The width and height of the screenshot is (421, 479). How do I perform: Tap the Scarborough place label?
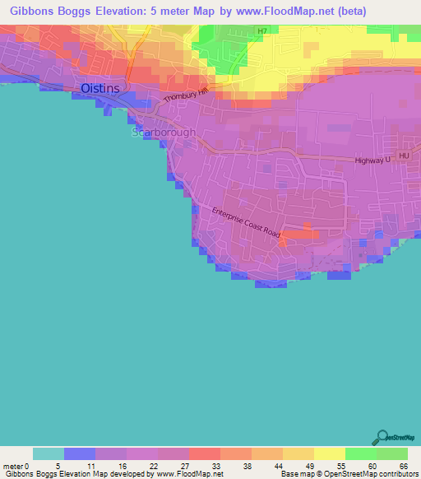coord(164,132)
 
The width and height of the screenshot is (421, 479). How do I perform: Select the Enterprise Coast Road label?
coord(246,222)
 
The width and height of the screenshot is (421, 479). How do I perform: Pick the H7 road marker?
coord(262,31)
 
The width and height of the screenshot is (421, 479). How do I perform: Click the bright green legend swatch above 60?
coord(360,453)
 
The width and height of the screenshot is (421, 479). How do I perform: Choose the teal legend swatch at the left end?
coord(49,453)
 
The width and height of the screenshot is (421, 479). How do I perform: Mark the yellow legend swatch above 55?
coord(329,453)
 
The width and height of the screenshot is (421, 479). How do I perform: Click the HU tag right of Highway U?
coord(403,155)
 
